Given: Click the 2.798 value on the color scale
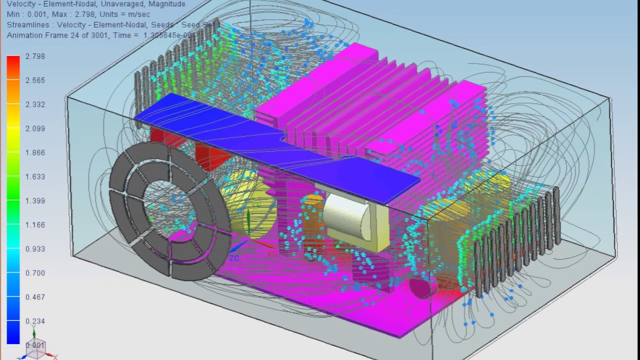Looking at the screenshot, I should pos(35,56).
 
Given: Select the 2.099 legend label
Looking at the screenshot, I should pos(35,128).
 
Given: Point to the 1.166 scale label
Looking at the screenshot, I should pos(35,225).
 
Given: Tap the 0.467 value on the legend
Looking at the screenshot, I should pos(35,297).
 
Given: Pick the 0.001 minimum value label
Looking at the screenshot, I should pos(35,345).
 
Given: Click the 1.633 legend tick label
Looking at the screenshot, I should pos(35,176).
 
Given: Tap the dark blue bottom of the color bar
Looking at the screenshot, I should pos(13,335).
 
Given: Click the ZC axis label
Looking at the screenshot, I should pos(234,258).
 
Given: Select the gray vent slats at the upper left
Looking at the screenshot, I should pos(170,65).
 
